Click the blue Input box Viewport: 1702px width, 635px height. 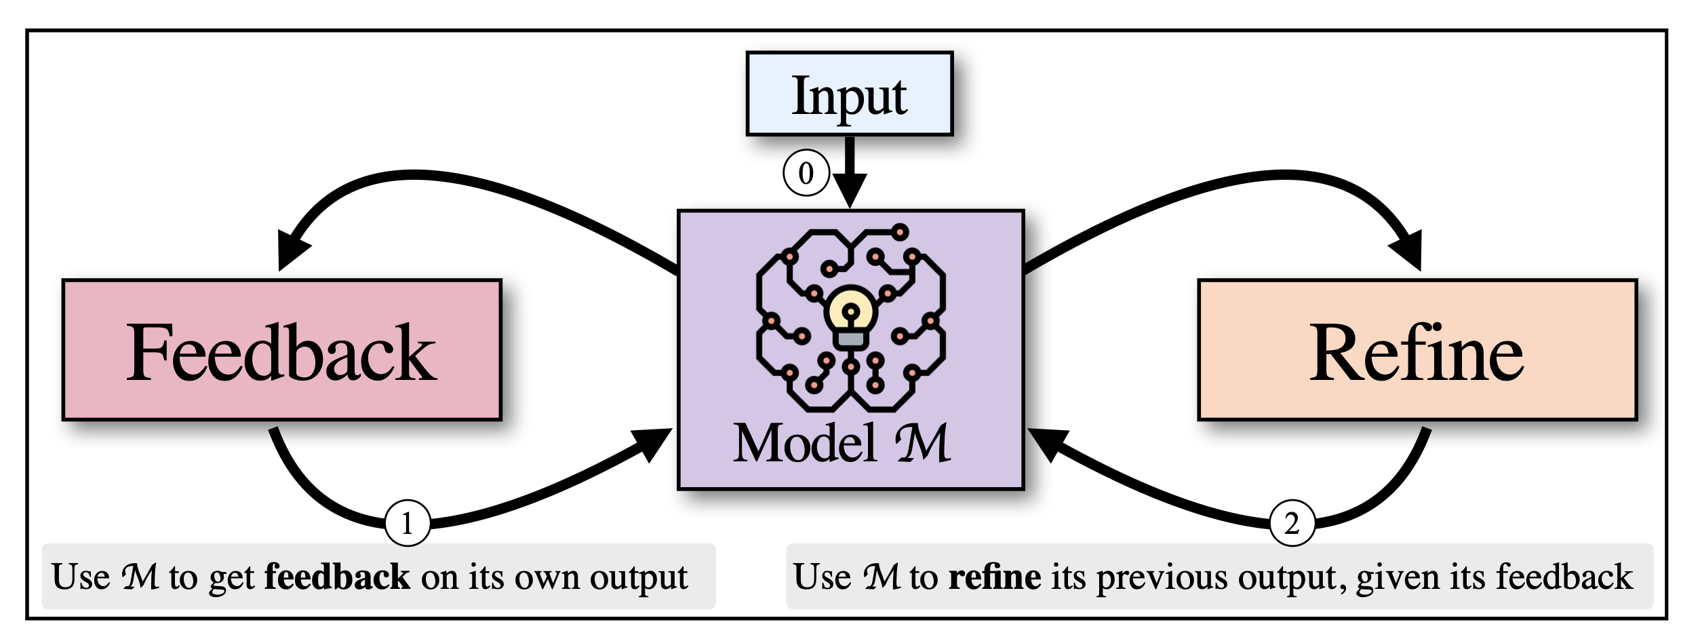(x=849, y=94)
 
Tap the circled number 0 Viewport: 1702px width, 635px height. (x=806, y=173)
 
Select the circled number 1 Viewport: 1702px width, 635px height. (x=408, y=523)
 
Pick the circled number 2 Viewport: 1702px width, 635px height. (x=1292, y=523)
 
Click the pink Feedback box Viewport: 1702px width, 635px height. (x=281, y=350)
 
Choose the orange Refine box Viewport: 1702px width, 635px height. (x=1417, y=350)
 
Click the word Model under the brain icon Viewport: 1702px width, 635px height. (x=805, y=443)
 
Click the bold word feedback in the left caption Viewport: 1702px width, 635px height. (x=337, y=577)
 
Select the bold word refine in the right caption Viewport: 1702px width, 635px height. (x=994, y=577)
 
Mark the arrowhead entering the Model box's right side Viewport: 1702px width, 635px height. (x=1046, y=442)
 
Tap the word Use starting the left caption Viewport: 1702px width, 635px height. (x=81, y=577)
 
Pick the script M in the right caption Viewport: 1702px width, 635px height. (x=882, y=577)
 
